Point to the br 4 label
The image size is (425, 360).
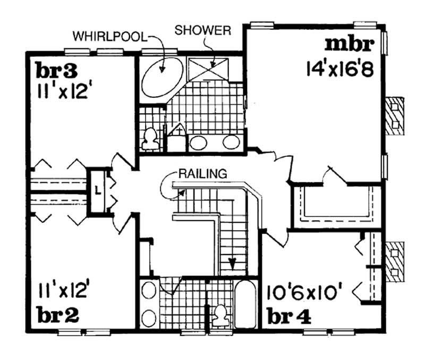287,315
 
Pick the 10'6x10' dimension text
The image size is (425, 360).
304,292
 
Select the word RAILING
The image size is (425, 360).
202,173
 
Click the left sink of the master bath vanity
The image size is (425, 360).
199,142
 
